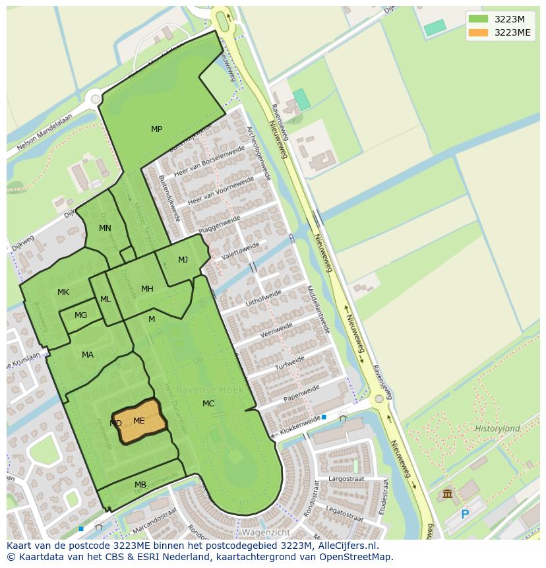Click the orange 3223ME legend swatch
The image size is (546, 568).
(479, 32)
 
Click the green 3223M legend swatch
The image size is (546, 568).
(479, 19)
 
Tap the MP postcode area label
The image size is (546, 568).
(156, 129)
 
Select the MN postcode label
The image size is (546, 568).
(105, 228)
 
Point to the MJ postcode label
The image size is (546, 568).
(183, 260)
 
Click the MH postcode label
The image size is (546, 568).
(147, 289)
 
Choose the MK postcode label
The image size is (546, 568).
(63, 292)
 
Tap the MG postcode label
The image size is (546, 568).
(80, 315)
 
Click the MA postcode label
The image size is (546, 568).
(88, 355)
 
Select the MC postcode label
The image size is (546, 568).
(208, 404)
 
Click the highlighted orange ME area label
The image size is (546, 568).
(139, 420)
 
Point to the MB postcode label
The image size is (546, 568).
(140, 485)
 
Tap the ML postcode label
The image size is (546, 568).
(106, 300)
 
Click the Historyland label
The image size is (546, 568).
(497, 429)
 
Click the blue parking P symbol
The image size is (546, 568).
(465, 515)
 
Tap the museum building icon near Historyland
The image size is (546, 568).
(448, 494)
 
